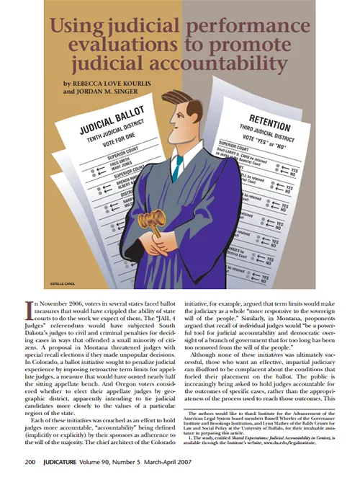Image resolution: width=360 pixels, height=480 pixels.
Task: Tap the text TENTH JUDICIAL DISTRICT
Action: (100, 143)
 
